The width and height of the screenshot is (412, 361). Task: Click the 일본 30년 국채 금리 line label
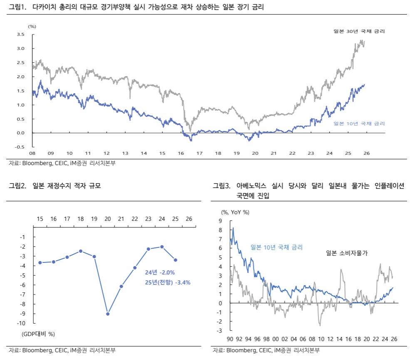point(359,32)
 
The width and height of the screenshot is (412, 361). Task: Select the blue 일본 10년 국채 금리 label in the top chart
point(359,124)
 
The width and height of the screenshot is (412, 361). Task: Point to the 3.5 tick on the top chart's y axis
point(20,35)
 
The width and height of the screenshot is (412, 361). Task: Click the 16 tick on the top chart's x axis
point(181,153)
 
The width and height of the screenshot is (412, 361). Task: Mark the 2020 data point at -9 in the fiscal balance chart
point(108,314)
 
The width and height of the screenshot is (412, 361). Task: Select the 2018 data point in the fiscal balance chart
point(81,251)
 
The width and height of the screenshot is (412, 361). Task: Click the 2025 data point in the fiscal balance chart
point(176,260)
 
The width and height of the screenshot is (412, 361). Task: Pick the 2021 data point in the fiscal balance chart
point(121,286)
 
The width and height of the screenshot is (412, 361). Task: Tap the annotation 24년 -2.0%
point(160,272)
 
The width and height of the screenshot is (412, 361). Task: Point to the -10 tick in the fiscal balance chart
point(22,323)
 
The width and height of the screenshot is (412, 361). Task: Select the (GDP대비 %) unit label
point(38,334)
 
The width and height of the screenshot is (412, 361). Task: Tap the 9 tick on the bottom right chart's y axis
point(221,221)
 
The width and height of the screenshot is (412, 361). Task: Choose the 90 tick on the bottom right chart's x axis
point(230,339)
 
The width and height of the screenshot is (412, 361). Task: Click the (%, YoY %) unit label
point(236,212)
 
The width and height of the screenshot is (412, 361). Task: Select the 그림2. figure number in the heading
point(18,186)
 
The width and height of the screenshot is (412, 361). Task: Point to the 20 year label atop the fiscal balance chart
point(108,219)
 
